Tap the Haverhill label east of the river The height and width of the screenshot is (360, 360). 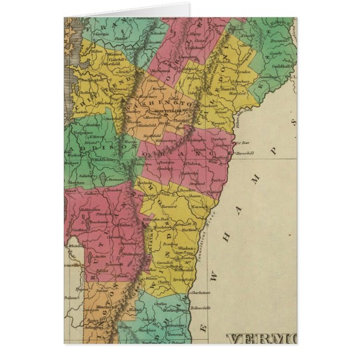(245, 153)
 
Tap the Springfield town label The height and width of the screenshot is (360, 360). (186, 277)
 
